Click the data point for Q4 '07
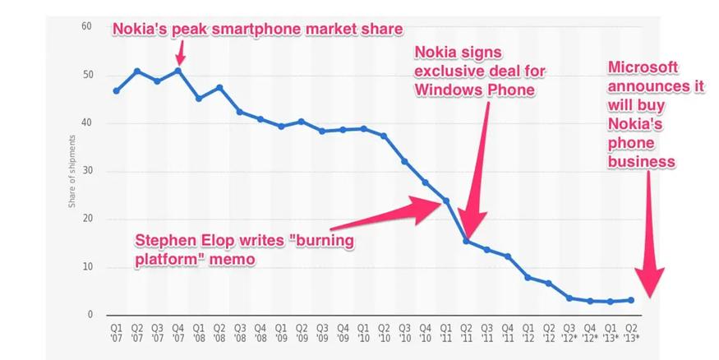click(x=178, y=71)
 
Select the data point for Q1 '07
click(x=117, y=90)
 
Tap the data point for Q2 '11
click(x=466, y=241)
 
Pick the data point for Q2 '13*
click(x=631, y=300)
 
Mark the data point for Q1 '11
click(x=446, y=201)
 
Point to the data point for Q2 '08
click(x=219, y=87)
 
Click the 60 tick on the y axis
click(x=86, y=27)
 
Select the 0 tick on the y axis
click(x=89, y=316)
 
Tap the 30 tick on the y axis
click(x=86, y=171)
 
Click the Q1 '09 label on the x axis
click(x=281, y=334)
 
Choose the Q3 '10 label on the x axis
click(x=404, y=334)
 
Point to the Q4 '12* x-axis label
click(x=590, y=334)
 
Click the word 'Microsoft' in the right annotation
click(x=645, y=67)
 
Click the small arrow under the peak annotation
click(x=180, y=55)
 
